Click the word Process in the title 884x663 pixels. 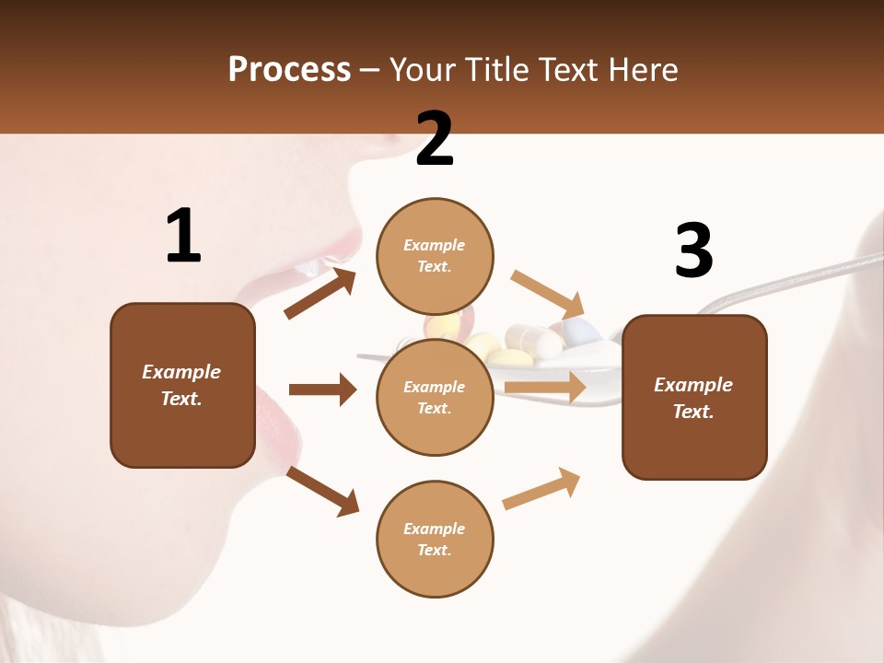click(x=289, y=70)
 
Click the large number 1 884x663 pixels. click(x=183, y=236)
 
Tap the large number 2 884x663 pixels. click(x=435, y=138)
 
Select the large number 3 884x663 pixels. click(x=693, y=250)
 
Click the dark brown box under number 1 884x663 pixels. click(x=182, y=385)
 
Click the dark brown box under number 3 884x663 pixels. click(x=694, y=398)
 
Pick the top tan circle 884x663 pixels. click(x=435, y=256)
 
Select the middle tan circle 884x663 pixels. click(x=435, y=397)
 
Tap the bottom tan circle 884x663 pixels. click(x=435, y=539)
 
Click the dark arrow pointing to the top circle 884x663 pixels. click(x=320, y=294)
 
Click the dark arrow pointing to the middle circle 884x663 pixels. click(x=321, y=390)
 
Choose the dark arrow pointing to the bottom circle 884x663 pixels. click(x=322, y=491)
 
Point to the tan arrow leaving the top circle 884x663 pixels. click(x=548, y=294)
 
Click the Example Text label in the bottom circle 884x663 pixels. click(x=435, y=539)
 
